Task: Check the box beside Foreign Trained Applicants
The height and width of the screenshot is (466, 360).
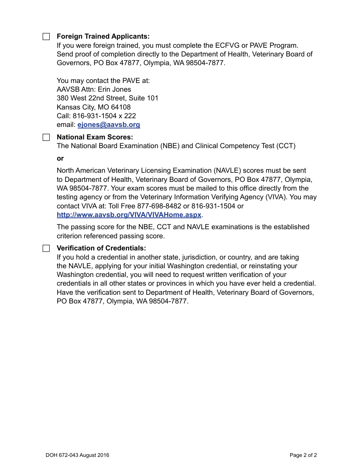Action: pyautogui.click(x=46, y=37)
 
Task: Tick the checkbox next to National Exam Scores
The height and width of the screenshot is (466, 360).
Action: pyautogui.click(x=46, y=138)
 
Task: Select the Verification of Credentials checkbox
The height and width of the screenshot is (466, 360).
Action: pyautogui.click(x=46, y=249)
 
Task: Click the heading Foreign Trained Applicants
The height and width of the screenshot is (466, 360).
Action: pyautogui.click(x=103, y=36)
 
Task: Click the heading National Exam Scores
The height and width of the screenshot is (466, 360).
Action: pyautogui.click(x=95, y=137)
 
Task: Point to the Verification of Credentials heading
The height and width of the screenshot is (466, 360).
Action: pyautogui.click(x=101, y=248)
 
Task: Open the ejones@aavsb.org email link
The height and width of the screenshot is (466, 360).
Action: pyautogui.click(x=109, y=125)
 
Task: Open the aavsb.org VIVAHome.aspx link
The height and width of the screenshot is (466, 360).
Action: pyautogui.click(x=129, y=215)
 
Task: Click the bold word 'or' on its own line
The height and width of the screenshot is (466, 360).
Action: pyautogui.click(x=60, y=158)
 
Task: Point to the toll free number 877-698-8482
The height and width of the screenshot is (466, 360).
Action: pyautogui.click(x=159, y=206)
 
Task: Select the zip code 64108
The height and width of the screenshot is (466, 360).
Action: pyautogui.click(x=121, y=107)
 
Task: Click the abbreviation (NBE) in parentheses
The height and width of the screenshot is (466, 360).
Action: pyautogui.click(x=170, y=146)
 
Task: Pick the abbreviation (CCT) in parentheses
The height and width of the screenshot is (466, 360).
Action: pyautogui.click(x=286, y=146)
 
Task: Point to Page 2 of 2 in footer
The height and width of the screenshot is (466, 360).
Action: pyautogui.click(x=303, y=455)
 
